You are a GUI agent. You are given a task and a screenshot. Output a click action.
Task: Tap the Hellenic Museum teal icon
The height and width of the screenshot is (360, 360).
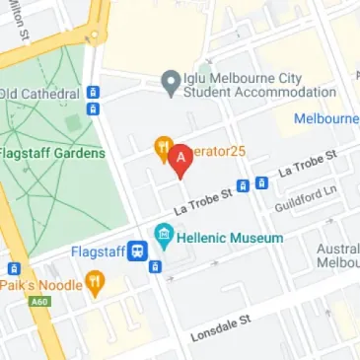tap(164, 237)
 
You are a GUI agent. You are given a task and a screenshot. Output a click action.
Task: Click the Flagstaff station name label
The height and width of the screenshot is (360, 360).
tap(96, 252)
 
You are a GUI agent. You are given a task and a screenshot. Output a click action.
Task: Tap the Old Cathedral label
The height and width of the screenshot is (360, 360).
tap(39, 94)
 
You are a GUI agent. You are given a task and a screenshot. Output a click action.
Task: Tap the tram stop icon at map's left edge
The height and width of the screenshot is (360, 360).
tap(14, 268)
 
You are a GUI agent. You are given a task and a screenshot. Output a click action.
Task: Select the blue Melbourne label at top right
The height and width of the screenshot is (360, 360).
tap(326, 119)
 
